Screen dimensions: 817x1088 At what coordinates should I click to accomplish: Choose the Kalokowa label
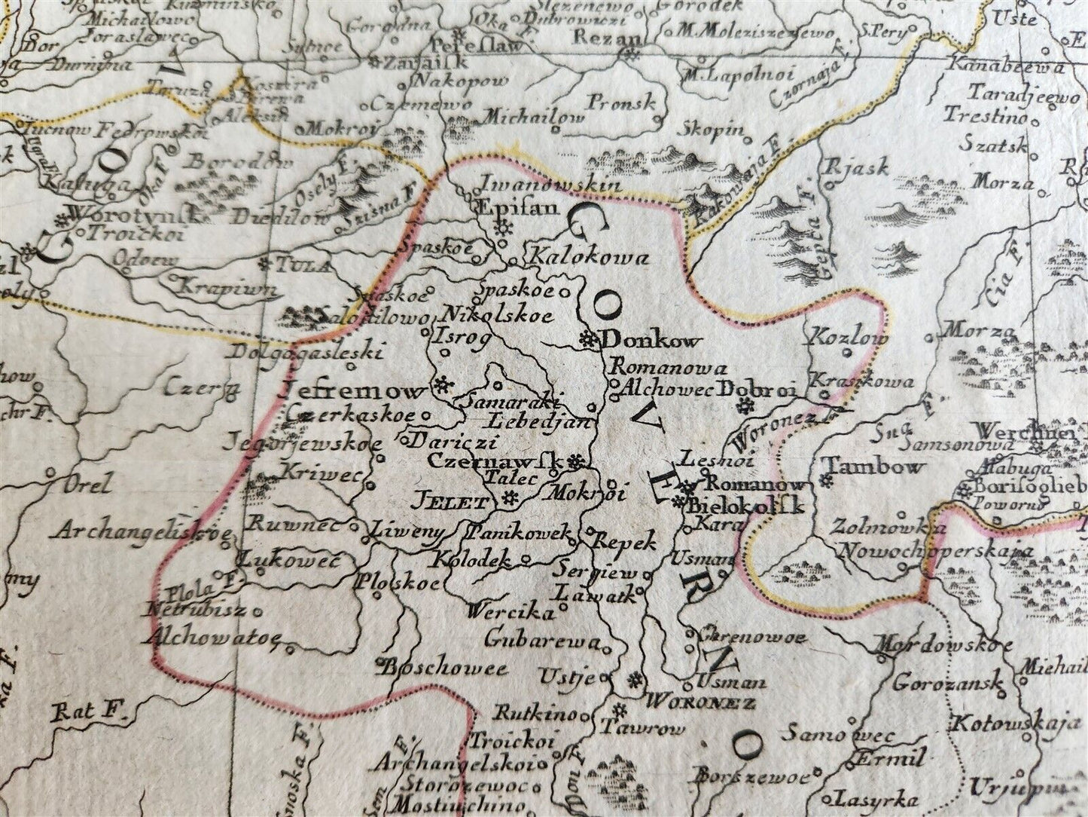click(x=590, y=259)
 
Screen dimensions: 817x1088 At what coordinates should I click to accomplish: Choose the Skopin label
click(x=713, y=130)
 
